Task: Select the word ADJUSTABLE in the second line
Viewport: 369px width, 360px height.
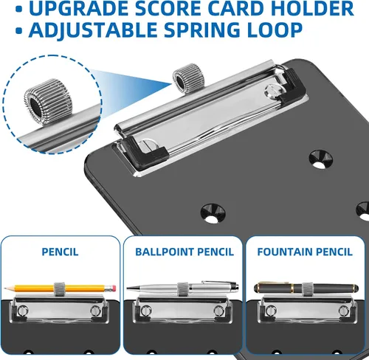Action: click(94, 30)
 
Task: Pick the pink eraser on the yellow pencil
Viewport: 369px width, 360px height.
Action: click(113, 288)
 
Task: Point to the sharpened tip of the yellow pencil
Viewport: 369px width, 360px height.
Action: click(4, 288)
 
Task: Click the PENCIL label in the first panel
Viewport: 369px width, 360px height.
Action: click(60, 252)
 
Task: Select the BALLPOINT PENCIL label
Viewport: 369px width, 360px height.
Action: click(184, 252)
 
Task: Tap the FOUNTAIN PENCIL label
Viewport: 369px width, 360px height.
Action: click(305, 252)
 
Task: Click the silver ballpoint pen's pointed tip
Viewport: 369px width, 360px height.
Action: click(127, 288)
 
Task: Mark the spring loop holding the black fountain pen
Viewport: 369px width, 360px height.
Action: click(307, 289)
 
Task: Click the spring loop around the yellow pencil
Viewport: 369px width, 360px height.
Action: click(59, 289)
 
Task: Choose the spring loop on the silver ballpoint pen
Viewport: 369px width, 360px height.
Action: click(182, 289)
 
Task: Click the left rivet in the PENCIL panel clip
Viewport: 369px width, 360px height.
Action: click(23, 310)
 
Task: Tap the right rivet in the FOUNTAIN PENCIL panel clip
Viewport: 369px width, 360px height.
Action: click(343, 311)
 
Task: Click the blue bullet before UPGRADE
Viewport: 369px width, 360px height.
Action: click(18, 10)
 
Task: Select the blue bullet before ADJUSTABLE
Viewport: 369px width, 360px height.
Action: click(18, 31)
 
